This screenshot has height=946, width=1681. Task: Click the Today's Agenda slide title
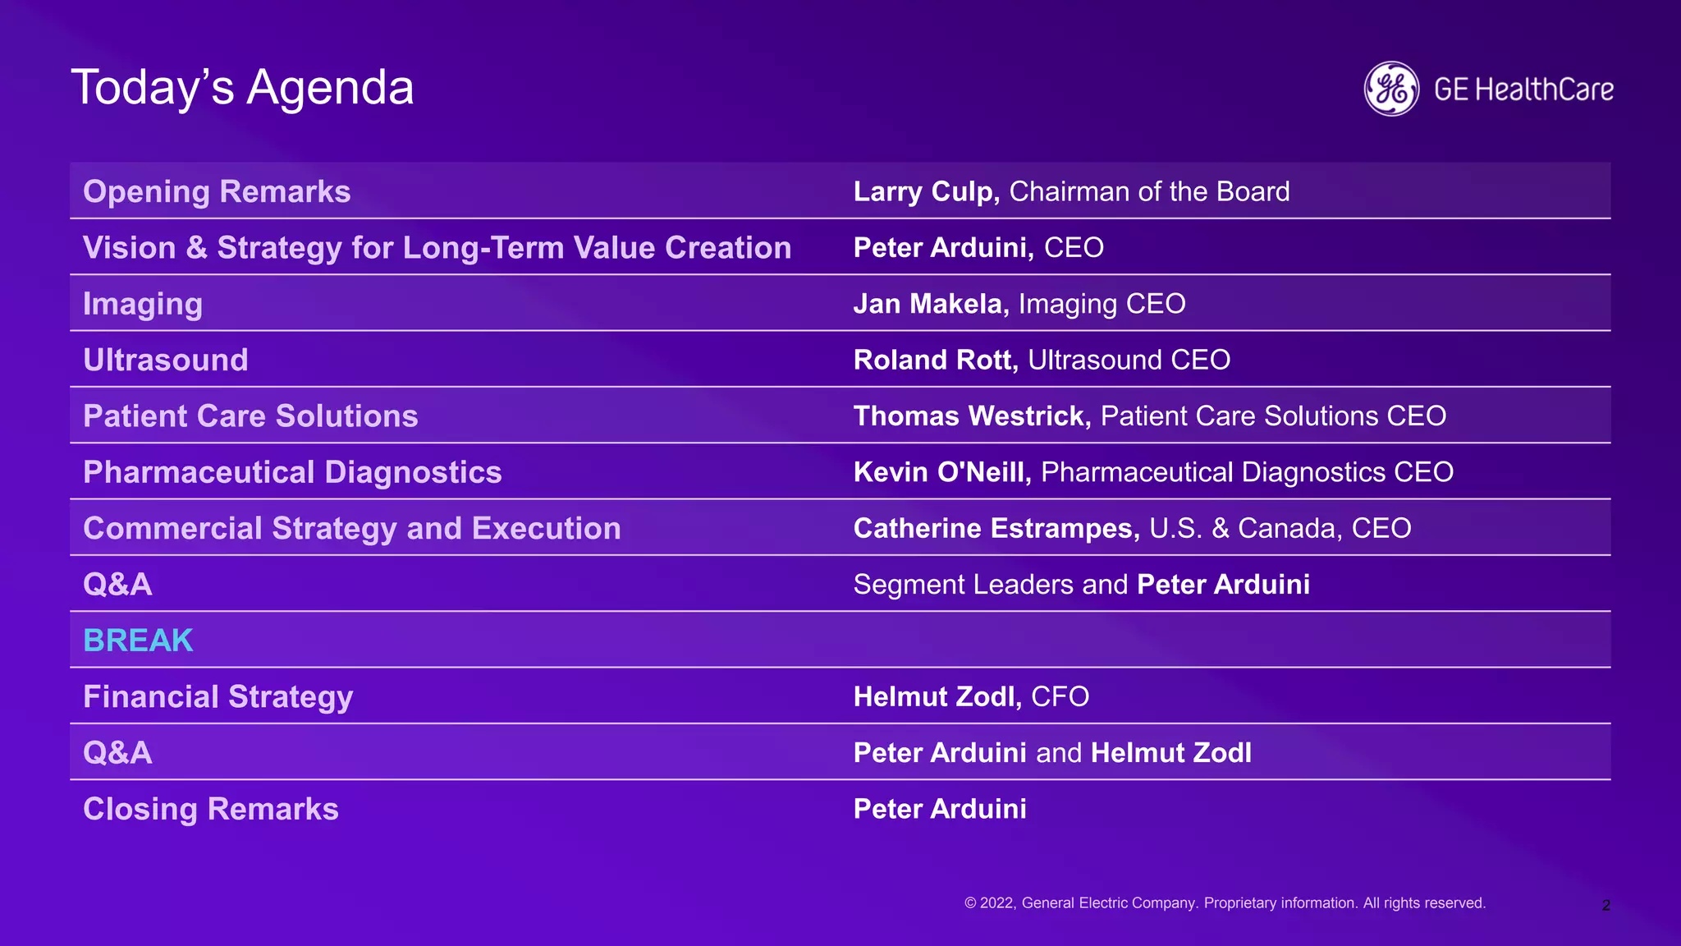tap(242, 88)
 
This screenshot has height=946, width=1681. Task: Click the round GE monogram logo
tap(1391, 89)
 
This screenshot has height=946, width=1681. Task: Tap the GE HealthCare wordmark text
tap(1523, 90)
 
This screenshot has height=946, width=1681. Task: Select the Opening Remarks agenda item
tap(217, 191)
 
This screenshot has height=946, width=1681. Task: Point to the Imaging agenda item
tap(143, 304)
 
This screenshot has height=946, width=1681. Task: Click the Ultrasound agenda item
tap(166, 360)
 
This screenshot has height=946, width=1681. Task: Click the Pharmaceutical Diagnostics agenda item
tap(292, 472)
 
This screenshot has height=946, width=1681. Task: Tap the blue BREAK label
tap(138, 641)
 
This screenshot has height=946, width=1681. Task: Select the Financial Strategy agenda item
tap(218, 696)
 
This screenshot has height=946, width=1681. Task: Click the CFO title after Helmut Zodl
tap(1060, 696)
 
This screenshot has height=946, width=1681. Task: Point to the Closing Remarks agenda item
tap(211, 809)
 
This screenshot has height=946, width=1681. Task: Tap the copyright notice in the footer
tap(1225, 903)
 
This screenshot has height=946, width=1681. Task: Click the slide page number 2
tap(1605, 906)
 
